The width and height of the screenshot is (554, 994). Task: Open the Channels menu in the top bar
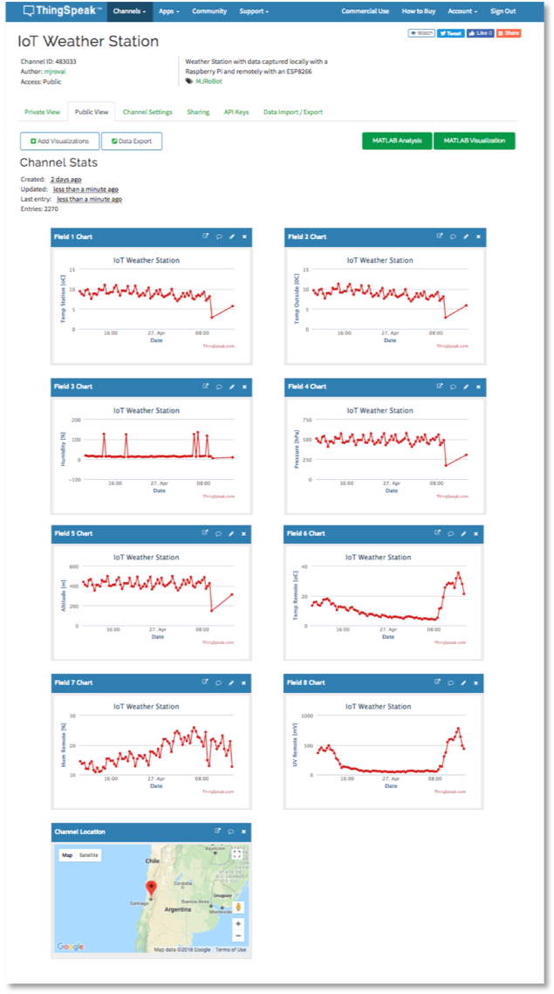click(129, 11)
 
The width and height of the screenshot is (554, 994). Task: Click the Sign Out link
click(503, 11)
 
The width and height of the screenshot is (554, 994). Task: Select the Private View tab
click(42, 112)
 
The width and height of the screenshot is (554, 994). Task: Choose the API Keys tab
click(236, 112)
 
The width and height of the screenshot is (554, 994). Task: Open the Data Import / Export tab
click(292, 112)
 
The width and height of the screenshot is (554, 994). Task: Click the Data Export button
click(132, 141)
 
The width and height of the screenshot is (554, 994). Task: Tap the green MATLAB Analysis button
click(397, 141)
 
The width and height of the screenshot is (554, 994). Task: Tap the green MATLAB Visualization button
click(474, 141)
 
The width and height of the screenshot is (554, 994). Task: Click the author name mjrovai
click(55, 72)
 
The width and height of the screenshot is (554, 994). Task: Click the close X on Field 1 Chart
click(244, 237)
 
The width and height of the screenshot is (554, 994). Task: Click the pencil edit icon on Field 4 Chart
click(465, 386)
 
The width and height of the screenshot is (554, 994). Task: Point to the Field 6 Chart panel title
click(305, 533)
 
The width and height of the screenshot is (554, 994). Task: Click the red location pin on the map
click(151, 888)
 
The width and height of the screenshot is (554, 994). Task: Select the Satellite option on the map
click(89, 855)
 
